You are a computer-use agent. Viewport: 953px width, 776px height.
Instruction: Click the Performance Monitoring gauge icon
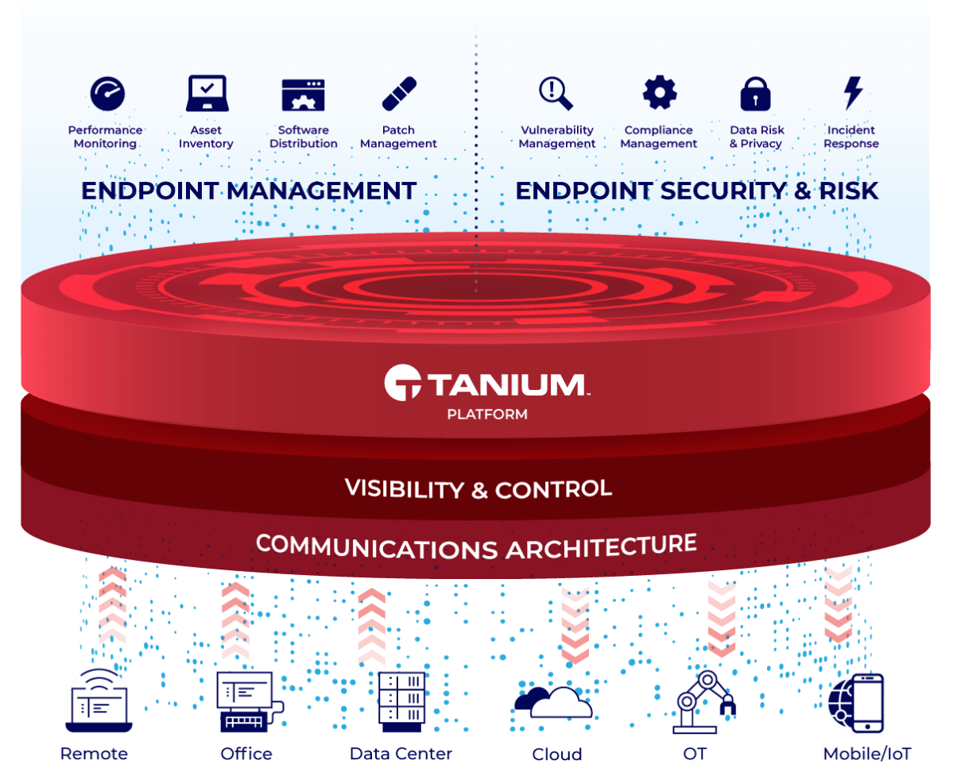coord(107,94)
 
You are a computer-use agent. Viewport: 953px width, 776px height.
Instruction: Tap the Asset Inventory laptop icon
coord(207,94)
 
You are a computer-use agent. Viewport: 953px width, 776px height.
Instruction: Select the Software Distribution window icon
coord(303,95)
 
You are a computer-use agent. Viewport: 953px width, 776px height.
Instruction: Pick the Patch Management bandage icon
coord(399,94)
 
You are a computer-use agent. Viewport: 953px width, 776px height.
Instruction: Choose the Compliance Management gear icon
coord(659,93)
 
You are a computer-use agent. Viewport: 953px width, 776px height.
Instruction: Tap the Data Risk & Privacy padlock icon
coord(755,94)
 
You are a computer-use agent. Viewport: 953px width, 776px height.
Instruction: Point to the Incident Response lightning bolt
coord(853,94)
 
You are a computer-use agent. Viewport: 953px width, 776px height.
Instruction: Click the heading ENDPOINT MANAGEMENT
coord(249,191)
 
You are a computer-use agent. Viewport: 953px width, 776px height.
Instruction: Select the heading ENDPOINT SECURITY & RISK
coord(697,191)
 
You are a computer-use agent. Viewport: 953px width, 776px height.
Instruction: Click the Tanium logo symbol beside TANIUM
coord(403,383)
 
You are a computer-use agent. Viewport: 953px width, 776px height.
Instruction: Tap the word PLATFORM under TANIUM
coord(487,414)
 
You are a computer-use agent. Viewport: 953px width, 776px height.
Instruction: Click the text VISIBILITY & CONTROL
coord(478,488)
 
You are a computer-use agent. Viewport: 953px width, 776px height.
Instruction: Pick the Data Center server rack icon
coord(400,701)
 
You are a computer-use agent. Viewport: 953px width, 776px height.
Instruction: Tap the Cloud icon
coord(554,701)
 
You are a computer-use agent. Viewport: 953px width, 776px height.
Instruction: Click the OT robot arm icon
coord(703,701)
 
